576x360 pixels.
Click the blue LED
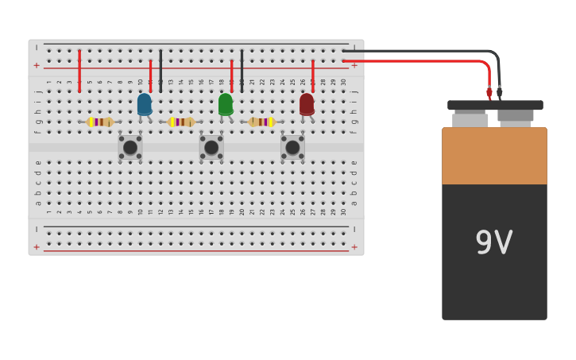[x=144, y=104]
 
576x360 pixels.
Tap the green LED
[x=226, y=104]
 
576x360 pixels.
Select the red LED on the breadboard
[x=307, y=104]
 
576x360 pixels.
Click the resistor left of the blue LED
[x=100, y=122]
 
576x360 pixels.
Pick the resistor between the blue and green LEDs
[x=182, y=122]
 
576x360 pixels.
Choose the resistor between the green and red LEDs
[x=261, y=122]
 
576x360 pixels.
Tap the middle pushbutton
[x=211, y=147]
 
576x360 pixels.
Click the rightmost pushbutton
[x=292, y=147]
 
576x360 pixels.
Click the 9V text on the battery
[x=493, y=243]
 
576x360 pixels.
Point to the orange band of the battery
[x=494, y=156]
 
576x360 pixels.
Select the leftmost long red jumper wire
[x=79, y=71]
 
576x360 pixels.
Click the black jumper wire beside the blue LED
[x=160, y=71]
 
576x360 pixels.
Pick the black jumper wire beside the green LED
[x=242, y=71]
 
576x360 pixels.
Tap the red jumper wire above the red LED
[x=313, y=75]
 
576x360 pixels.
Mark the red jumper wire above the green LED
[x=231, y=75]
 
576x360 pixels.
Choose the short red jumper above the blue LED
[x=150, y=73]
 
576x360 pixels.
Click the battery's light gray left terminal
[x=470, y=120]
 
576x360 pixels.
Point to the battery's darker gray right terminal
[x=515, y=117]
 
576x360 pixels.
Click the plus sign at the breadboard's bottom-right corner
[x=354, y=247]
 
